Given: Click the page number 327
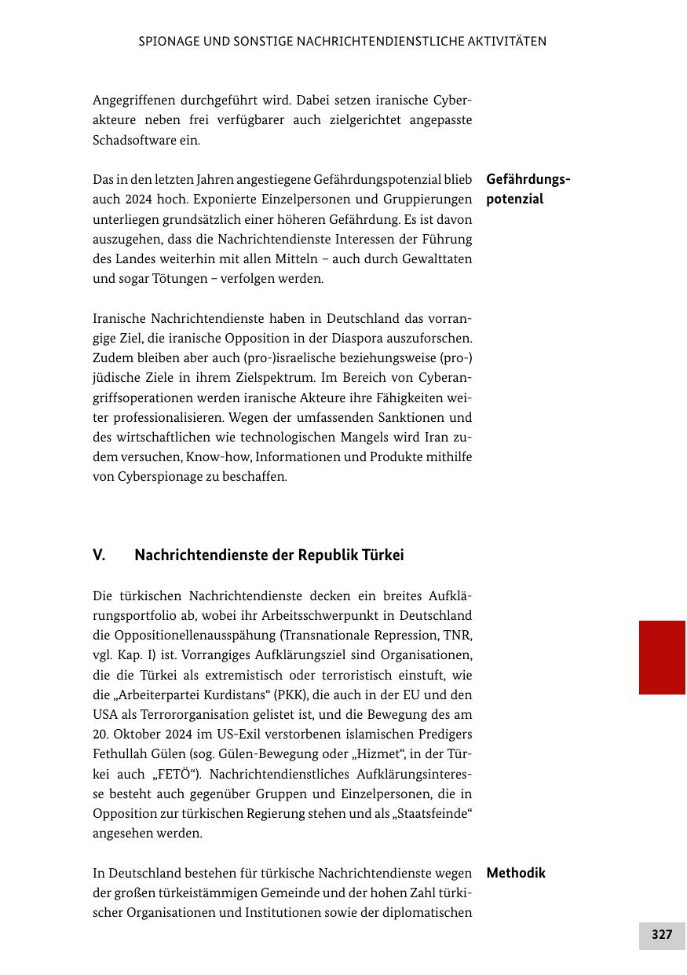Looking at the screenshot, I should (x=662, y=935).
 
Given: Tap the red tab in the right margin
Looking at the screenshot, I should (x=662, y=658).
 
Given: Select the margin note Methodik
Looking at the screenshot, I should (x=516, y=873).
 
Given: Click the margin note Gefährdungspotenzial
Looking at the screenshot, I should (x=528, y=189).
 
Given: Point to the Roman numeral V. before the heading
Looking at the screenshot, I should (x=99, y=555).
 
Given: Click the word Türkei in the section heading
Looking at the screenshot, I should (x=382, y=555).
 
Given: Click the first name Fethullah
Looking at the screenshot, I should (x=120, y=754).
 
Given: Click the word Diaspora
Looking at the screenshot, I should (x=363, y=338).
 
